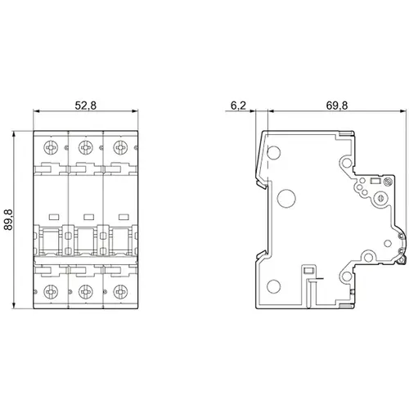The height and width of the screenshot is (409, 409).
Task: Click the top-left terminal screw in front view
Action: (51, 148)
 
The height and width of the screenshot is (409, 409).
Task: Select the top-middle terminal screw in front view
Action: (85, 148)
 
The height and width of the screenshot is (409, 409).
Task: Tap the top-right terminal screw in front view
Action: (120, 148)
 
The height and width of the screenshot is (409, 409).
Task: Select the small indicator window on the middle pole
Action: (86, 216)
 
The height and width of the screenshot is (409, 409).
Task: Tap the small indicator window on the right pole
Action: (121, 216)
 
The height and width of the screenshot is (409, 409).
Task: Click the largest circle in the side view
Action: (286, 197)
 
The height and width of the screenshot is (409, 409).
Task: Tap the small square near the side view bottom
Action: (308, 272)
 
